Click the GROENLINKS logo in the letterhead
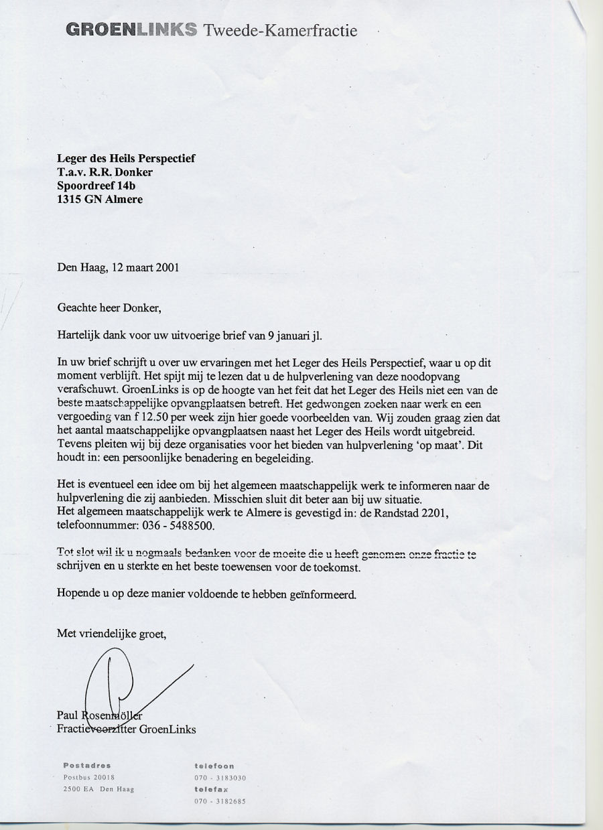[131, 30]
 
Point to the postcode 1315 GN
[79, 199]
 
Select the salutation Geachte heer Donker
[109, 308]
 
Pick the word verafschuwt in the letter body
[84, 390]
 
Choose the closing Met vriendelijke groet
[111, 634]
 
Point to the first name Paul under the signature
[68, 715]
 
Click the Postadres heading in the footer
[87, 765]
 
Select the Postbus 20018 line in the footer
[89, 777]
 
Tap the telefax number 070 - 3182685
[220, 801]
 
